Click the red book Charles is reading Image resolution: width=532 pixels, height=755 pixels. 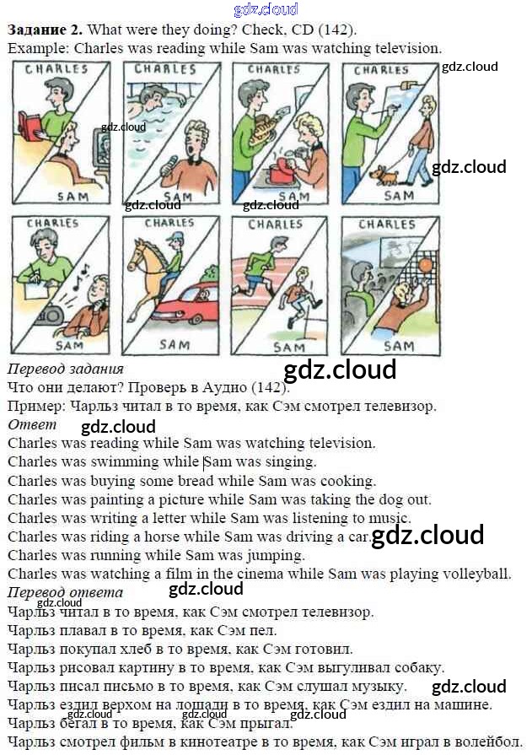pos(31,127)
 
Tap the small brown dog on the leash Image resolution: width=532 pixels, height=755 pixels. pos(384,176)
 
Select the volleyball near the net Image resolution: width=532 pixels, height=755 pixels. pos(424,266)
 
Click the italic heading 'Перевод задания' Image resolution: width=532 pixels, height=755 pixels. pos(65,369)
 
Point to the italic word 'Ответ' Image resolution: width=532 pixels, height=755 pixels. pos(31,424)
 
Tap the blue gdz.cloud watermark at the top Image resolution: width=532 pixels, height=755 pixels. pos(266,10)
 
